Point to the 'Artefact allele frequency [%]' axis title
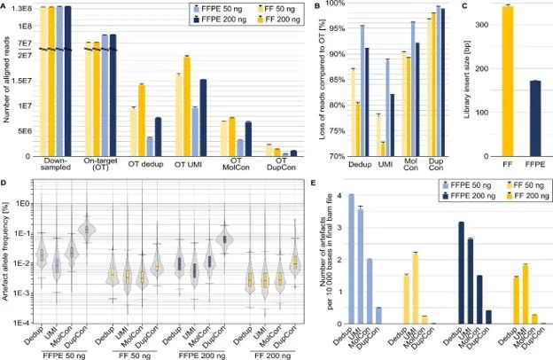pyautogui.click(x=8, y=257)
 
